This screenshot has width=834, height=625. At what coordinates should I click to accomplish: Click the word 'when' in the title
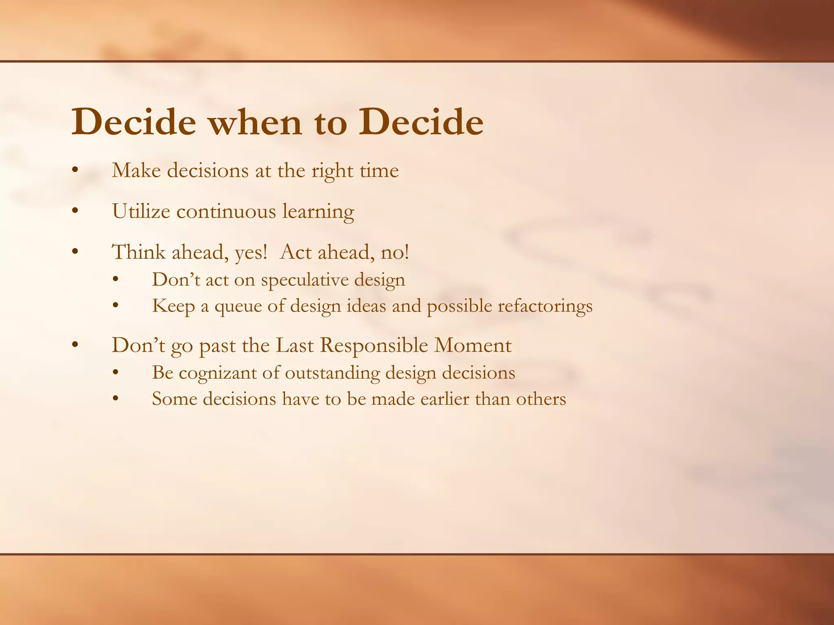pos(255,122)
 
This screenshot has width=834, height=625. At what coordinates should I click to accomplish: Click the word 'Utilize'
pos(141,212)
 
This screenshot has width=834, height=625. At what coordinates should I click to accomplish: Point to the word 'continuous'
pos(226,212)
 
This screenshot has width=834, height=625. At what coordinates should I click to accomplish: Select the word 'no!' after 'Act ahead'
pos(395,252)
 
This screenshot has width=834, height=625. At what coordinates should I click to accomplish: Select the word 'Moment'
pos(472,345)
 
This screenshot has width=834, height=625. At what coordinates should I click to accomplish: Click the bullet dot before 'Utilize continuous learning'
pos(75,211)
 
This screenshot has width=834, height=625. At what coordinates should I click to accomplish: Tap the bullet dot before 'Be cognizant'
pos(116,373)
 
